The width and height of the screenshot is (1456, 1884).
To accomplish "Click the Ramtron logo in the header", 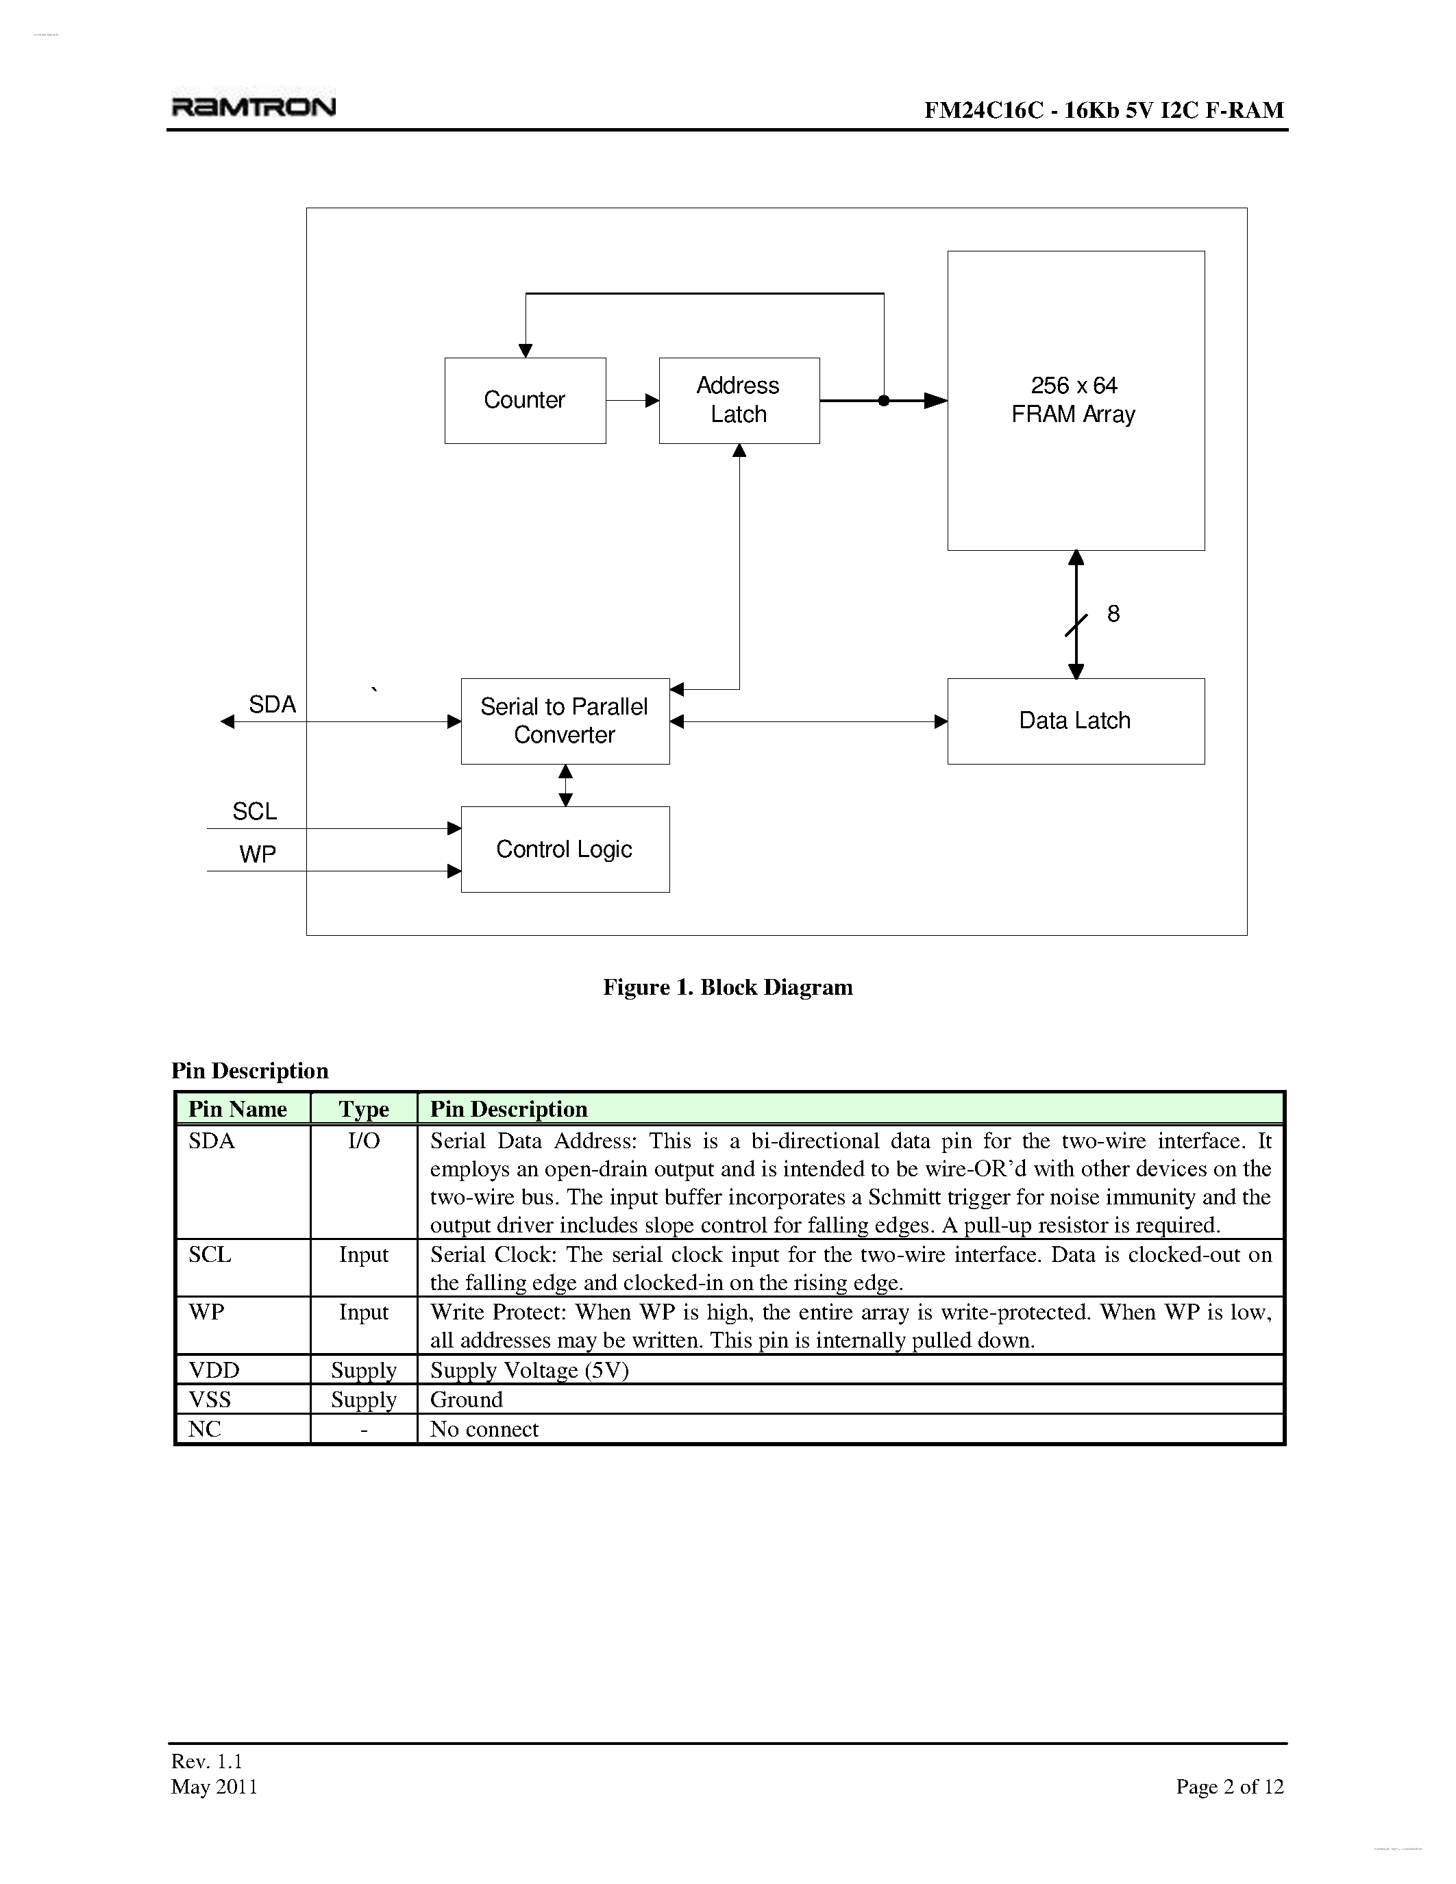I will tap(254, 106).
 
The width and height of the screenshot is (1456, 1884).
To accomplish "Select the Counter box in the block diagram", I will tap(524, 400).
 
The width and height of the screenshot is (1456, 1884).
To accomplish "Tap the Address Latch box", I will tap(739, 400).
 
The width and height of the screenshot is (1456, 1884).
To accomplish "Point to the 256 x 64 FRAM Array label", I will tap(1073, 400).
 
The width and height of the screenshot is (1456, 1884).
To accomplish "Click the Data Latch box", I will tap(1075, 721).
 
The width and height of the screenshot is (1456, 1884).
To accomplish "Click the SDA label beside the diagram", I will tap(273, 705).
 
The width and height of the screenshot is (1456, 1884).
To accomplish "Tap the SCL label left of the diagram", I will tap(254, 812).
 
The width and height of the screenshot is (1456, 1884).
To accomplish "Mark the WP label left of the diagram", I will tap(257, 854).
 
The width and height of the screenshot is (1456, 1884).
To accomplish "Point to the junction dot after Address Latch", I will tap(883, 400).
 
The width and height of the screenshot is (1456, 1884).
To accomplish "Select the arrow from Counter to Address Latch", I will tap(632, 400).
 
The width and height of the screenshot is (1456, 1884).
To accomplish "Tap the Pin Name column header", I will tap(238, 1109).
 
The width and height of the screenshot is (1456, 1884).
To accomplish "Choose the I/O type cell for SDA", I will tap(363, 1141).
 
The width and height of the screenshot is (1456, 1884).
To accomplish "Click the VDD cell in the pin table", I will tap(214, 1370).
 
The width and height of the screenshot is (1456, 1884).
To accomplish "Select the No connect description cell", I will tap(484, 1429).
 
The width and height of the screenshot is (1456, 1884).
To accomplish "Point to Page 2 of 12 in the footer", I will tap(1229, 1787).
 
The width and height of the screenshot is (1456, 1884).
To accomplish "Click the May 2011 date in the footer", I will tap(214, 1787).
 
